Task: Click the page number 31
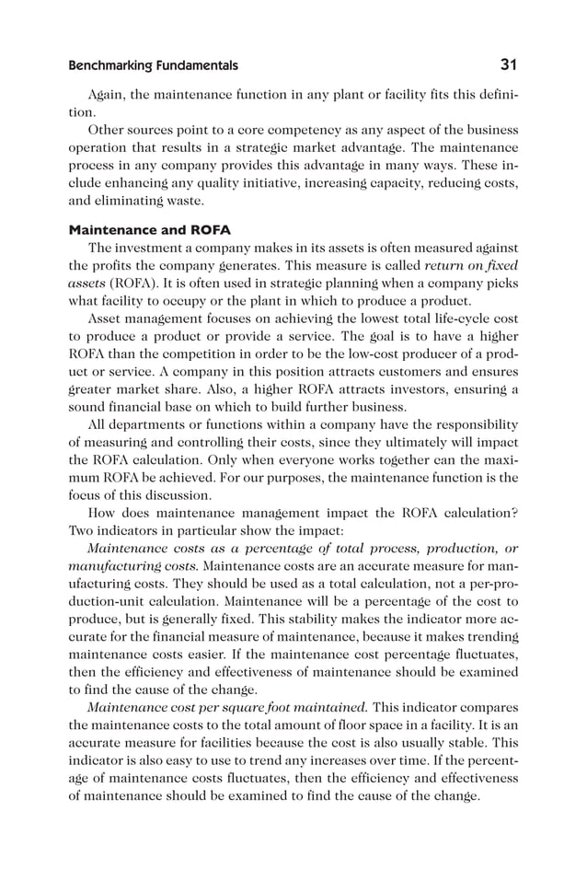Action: pos(508,65)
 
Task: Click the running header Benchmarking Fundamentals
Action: pos(153,66)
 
